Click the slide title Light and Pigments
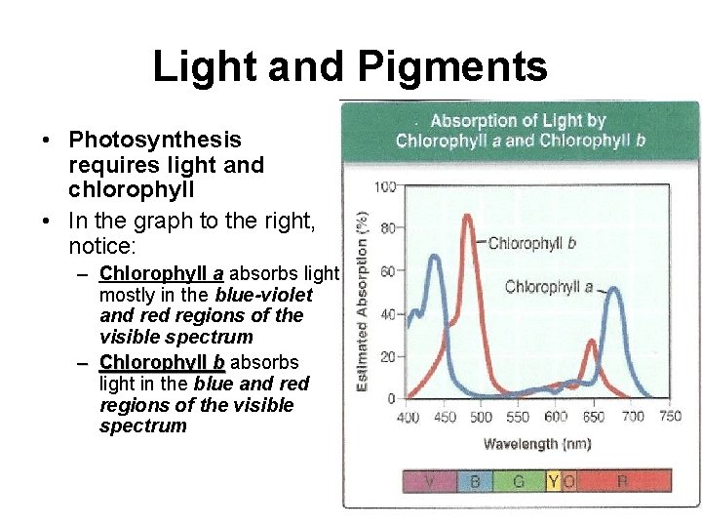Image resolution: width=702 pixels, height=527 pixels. point(350,66)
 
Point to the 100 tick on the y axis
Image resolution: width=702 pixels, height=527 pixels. point(386,186)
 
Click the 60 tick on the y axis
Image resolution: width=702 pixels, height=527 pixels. point(386,271)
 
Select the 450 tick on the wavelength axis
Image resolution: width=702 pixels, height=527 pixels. point(445,418)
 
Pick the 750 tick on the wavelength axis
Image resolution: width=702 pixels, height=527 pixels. point(670,418)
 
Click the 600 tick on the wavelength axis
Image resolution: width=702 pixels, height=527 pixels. point(556,418)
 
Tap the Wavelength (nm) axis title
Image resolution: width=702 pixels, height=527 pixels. point(536,444)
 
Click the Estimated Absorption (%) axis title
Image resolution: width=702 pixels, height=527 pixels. point(363,302)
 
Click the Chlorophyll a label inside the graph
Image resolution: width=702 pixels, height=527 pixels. point(549,287)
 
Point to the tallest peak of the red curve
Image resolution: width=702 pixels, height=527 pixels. point(467,217)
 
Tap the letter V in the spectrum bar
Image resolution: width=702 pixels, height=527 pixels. point(428,481)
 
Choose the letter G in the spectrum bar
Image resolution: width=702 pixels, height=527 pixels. point(518,481)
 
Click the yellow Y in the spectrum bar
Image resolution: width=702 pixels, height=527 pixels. point(553,481)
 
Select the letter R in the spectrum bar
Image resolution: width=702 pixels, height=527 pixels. point(622,481)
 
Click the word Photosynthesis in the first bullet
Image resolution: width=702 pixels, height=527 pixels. point(155,141)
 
